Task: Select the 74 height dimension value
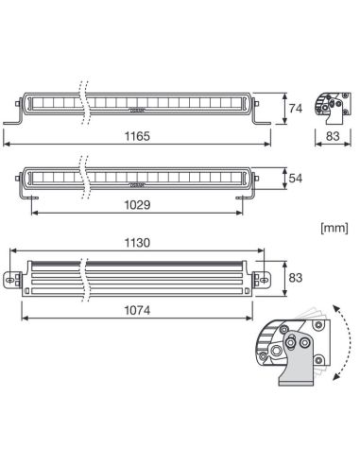[295, 108]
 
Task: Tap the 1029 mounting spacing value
[138, 204]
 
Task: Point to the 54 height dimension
[295, 178]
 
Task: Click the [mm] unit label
[334, 228]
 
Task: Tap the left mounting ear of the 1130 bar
[11, 280]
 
